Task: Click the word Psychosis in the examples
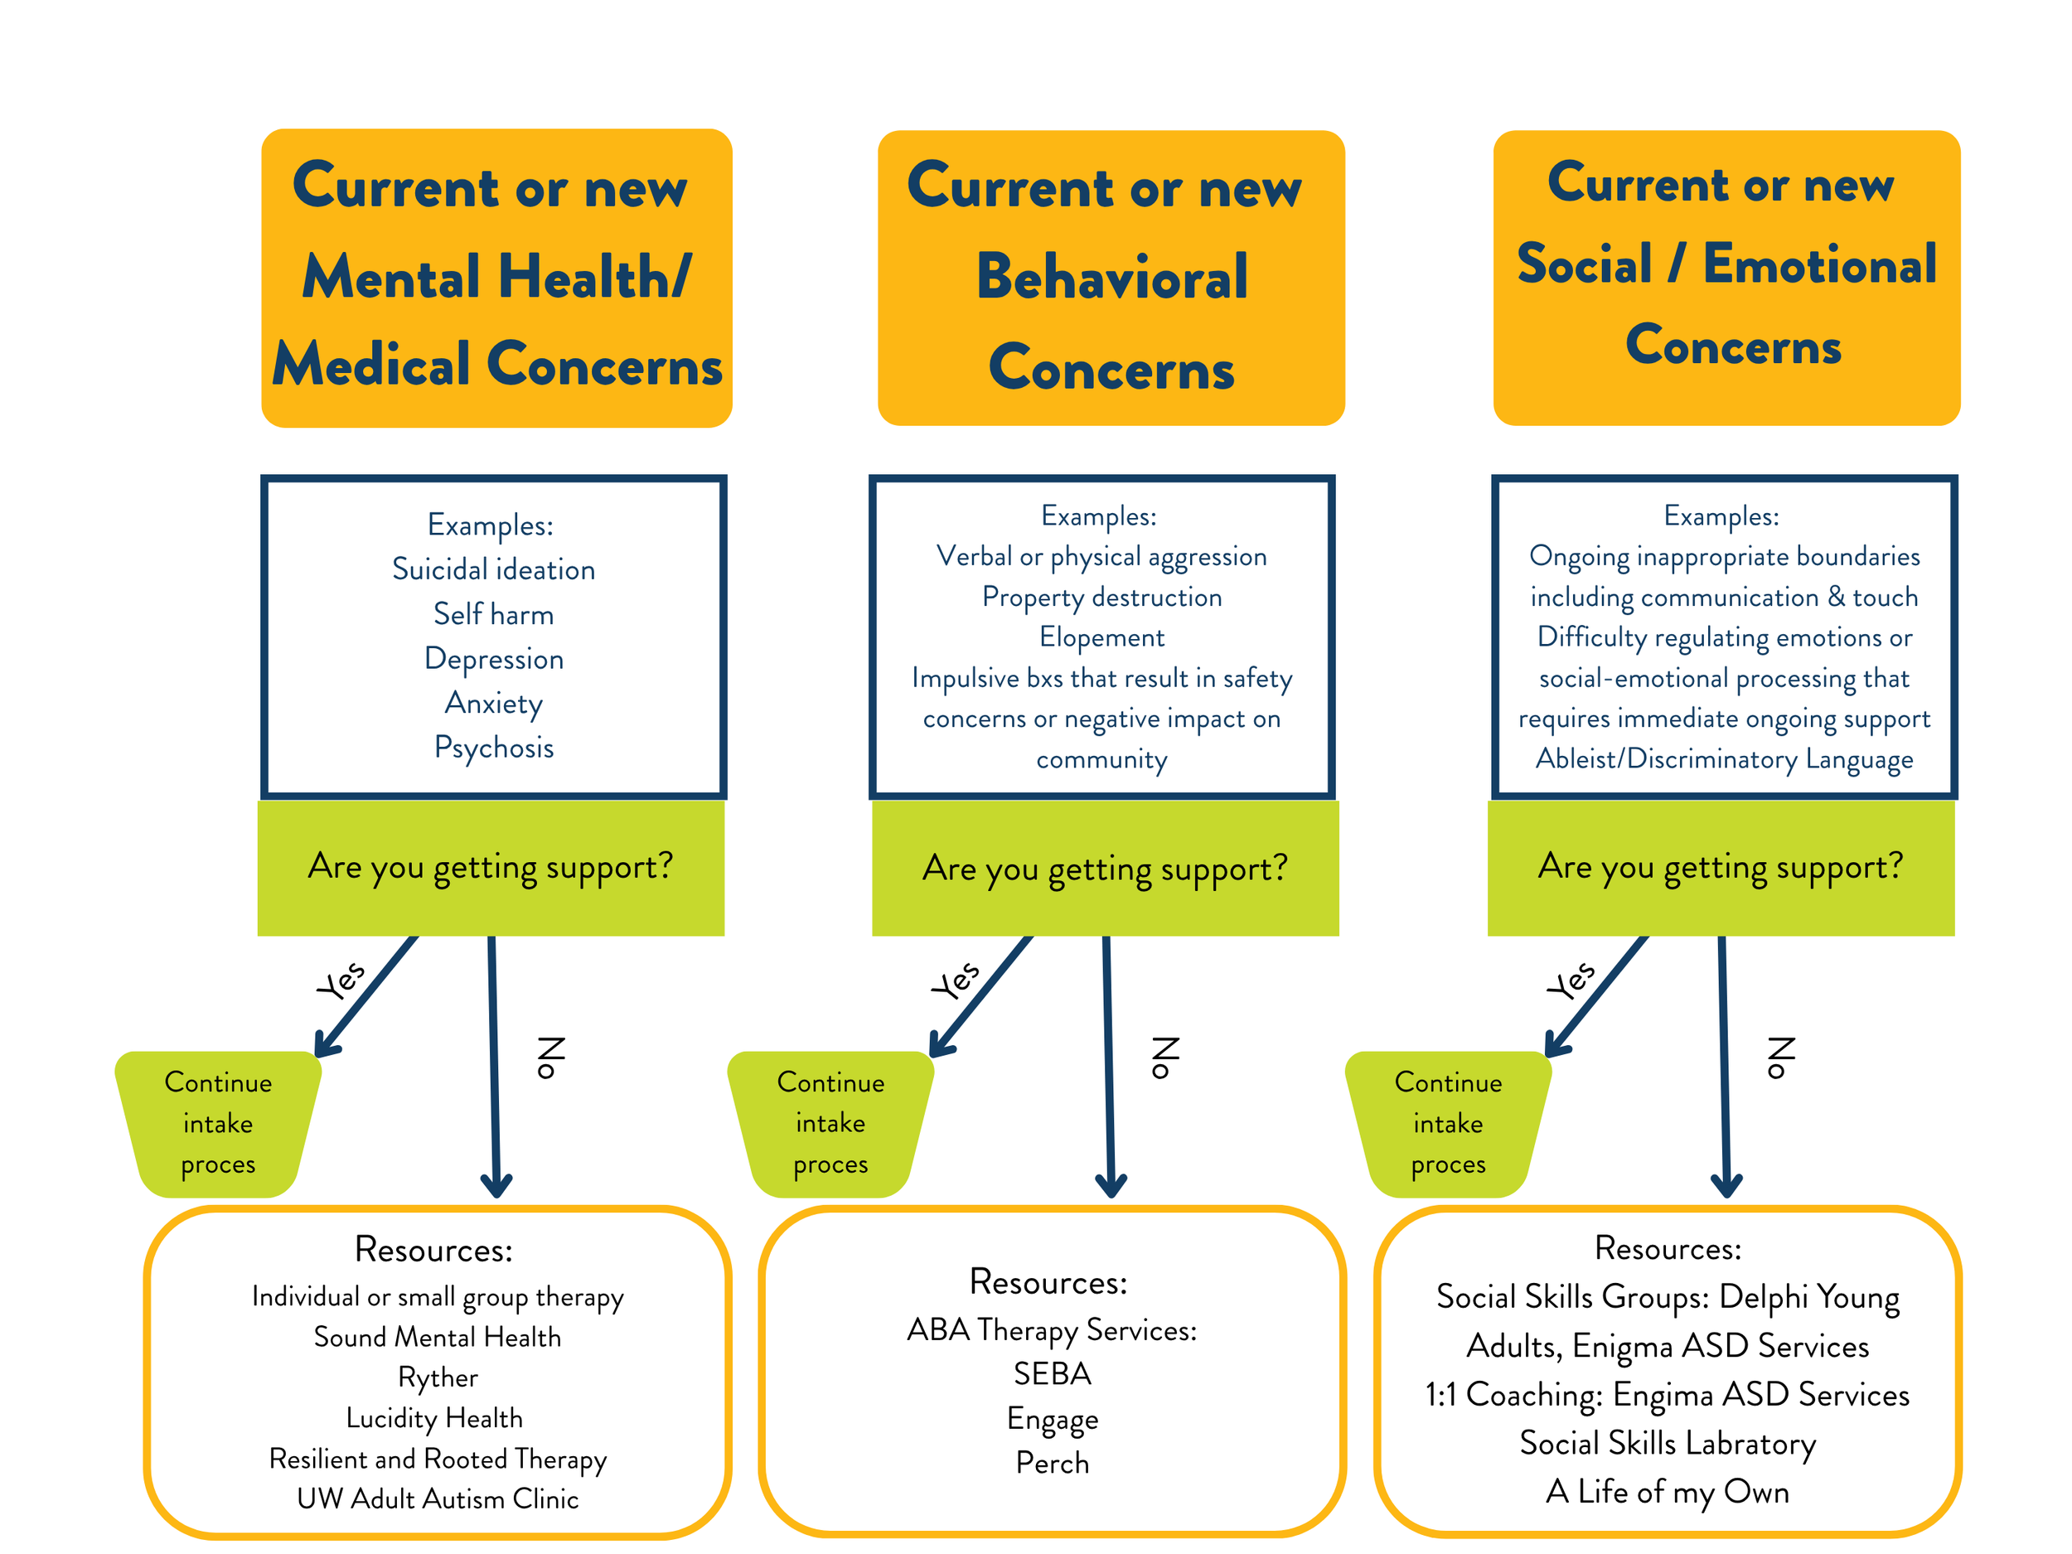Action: click(x=494, y=748)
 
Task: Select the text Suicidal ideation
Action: click(x=494, y=569)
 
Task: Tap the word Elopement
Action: click(x=1101, y=637)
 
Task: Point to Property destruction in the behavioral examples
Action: click(x=1101, y=597)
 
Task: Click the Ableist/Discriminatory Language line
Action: click(x=1724, y=758)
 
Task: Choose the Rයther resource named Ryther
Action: click(x=438, y=1377)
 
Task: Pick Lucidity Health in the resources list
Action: click(x=434, y=1418)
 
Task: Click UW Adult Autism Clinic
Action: click(x=438, y=1498)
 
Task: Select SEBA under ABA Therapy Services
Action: click(x=1052, y=1374)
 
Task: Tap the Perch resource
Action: click(x=1052, y=1463)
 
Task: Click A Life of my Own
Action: click(x=1668, y=1491)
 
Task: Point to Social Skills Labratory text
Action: click(x=1668, y=1443)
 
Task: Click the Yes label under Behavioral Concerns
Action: click(x=956, y=980)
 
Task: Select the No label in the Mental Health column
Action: click(x=551, y=1058)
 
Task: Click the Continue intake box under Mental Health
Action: click(x=218, y=1123)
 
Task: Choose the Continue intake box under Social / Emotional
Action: click(x=1448, y=1123)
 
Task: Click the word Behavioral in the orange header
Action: click(x=1112, y=278)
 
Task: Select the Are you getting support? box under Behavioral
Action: click(x=1106, y=869)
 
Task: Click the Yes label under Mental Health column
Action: click(x=341, y=980)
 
